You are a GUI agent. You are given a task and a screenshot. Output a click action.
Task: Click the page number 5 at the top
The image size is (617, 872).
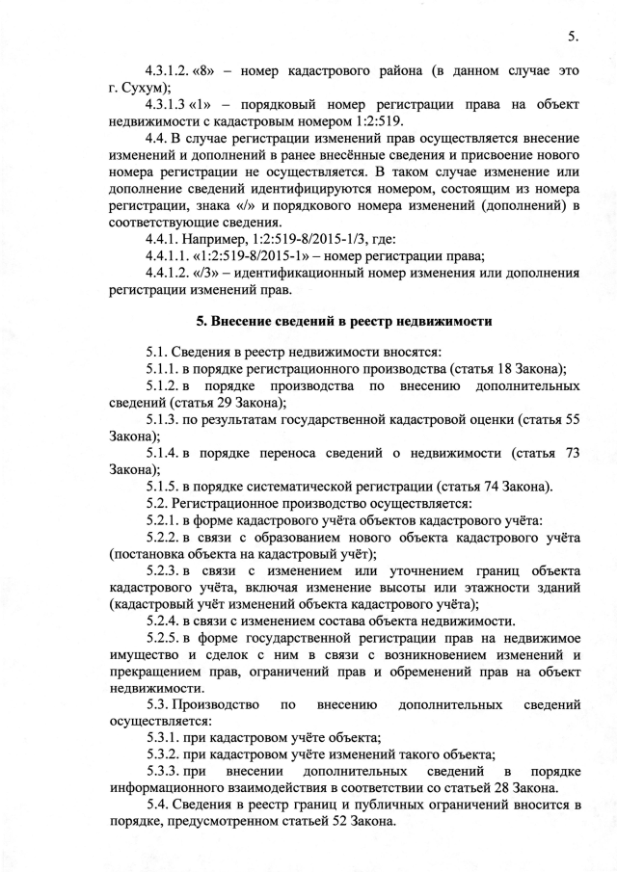coord(572,37)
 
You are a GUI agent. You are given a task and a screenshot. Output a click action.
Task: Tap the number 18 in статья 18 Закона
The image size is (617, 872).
coord(495,369)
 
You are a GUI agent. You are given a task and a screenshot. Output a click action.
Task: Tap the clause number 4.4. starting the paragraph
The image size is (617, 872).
coord(158,137)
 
